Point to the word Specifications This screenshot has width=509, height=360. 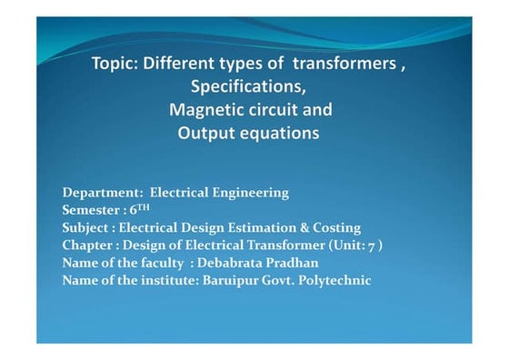click(249, 87)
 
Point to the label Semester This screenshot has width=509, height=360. click(92, 210)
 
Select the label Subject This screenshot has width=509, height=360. click(86, 227)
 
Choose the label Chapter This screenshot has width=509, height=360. click(88, 245)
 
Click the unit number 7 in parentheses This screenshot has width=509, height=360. click(373, 245)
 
